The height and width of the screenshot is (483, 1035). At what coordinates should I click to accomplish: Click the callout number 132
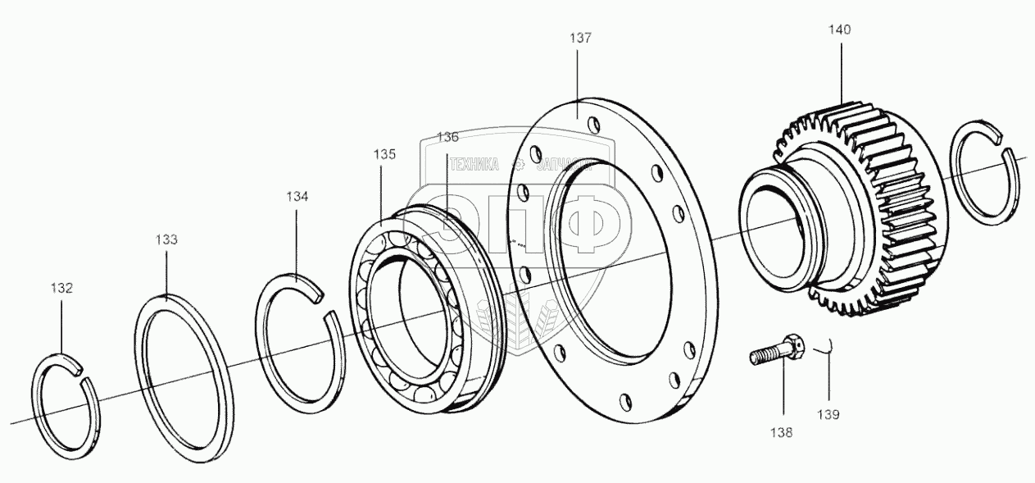coord(62,288)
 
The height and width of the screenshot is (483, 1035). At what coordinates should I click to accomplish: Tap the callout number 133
coord(166,239)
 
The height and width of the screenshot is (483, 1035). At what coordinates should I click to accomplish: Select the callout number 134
coord(297,197)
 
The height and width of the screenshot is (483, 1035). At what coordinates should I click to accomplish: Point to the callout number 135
coord(385,154)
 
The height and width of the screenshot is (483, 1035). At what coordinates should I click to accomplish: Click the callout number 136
coord(447,136)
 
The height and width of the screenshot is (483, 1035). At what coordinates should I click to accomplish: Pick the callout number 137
coord(580,38)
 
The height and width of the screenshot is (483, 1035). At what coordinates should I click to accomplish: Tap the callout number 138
coord(781,433)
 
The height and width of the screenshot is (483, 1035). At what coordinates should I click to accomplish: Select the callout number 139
coord(828,415)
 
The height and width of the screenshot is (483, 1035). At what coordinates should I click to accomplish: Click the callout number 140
coord(839,30)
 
